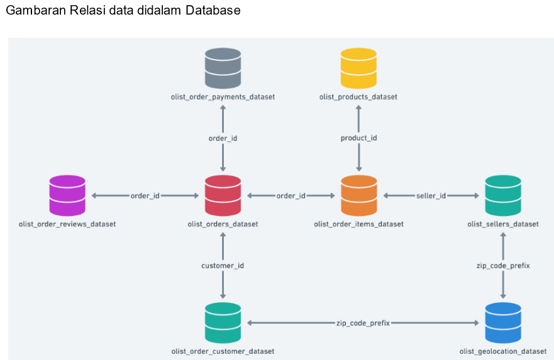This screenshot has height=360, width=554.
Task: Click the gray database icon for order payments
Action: [x=223, y=68]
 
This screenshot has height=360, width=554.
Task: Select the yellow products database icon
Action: [x=358, y=68]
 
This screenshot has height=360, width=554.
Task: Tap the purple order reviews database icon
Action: [x=67, y=195]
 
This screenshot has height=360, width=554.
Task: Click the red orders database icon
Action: [x=223, y=195]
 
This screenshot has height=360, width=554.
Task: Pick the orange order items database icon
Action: [x=358, y=195]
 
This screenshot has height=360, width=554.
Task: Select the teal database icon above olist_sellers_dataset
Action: [x=503, y=195]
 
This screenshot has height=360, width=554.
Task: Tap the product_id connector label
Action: [x=358, y=138]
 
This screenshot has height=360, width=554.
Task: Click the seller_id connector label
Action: [x=431, y=196]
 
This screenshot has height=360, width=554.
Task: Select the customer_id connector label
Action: [x=223, y=266]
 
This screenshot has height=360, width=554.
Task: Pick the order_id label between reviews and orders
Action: [x=145, y=196]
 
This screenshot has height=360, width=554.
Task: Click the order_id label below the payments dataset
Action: [x=223, y=138]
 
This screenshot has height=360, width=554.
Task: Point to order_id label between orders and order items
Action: [x=291, y=196]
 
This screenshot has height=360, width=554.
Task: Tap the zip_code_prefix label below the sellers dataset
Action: [x=503, y=266]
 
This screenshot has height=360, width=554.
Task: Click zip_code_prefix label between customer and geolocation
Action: [x=363, y=323]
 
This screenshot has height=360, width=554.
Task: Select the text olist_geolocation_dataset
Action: [x=503, y=351]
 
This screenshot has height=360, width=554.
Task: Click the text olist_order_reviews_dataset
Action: [x=67, y=224]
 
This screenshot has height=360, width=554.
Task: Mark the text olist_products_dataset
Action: [x=358, y=97]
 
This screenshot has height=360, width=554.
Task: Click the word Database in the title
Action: [x=213, y=11]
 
